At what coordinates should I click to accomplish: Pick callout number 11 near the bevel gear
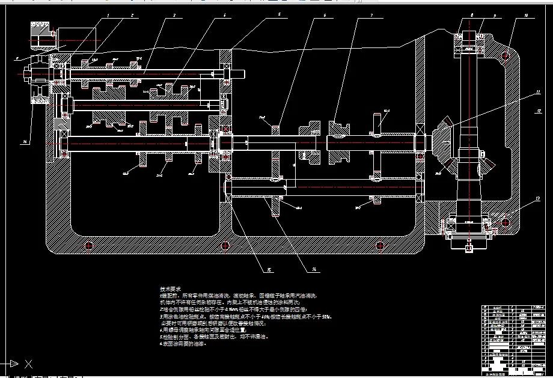click(539, 93)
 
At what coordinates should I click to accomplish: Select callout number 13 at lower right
click(538, 198)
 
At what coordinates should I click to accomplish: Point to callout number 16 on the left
click(25, 142)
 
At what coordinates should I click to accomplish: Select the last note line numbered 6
click(180, 345)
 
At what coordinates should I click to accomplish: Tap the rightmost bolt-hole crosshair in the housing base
click(379, 245)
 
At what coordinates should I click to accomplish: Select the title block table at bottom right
click(515, 340)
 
